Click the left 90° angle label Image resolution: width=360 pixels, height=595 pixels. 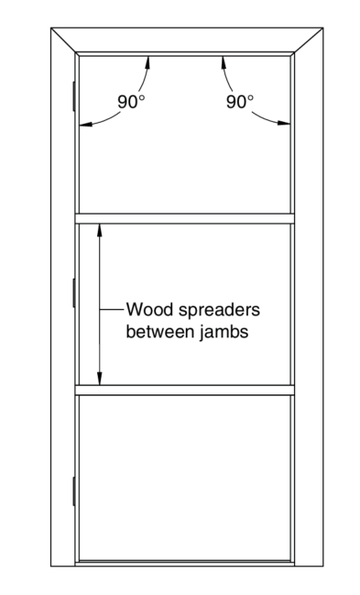click(x=131, y=102)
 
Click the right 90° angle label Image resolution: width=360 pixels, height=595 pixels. click(x=240, y=102)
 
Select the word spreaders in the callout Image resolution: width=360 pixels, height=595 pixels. click(x=219, y=310)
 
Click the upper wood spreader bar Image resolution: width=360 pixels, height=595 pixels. click(x=185, y=218)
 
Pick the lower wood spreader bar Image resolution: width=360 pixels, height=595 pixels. click(x=185, y=390)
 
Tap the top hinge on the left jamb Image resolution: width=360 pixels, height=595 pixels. click(x=74, y=96)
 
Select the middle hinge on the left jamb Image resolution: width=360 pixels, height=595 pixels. click(x=74, y=292)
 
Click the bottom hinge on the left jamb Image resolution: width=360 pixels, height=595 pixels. click(x=74, y=491)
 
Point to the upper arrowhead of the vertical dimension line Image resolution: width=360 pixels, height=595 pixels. click(x=100, y=230)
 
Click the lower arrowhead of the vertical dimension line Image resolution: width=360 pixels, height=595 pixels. click(x=100, y=379)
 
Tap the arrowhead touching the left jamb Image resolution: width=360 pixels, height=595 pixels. click(x=85, y=124)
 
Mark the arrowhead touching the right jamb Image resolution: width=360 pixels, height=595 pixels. click(x=284, y=123)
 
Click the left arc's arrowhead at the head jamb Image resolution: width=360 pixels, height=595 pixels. click(x=147, y=62)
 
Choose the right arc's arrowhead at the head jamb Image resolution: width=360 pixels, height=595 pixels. click(x=224, y=62)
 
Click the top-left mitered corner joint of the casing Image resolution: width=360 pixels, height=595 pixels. click(x=63, y=39)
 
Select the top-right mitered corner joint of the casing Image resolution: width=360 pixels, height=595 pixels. click(x=309, y=39)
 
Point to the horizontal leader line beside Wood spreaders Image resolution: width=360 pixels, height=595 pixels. click(x=112, y=310)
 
